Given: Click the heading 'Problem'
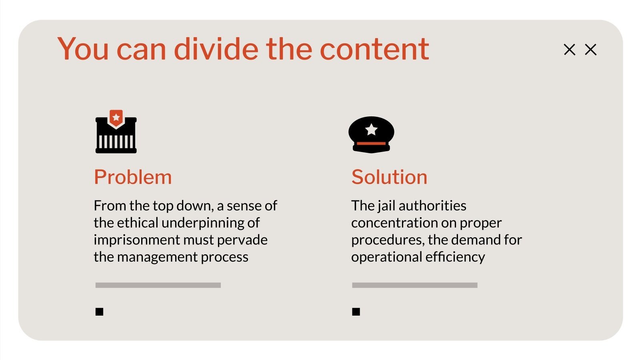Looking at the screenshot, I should tap(133, 177).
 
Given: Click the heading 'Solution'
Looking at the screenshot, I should tap(389, 177).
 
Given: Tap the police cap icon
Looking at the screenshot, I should tap(371, 134).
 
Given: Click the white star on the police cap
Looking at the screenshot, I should tap(372, 129).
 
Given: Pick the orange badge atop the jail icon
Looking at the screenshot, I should tap(116, 118).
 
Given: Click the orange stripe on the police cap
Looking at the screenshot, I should tap(371, 143).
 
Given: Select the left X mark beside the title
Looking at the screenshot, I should tap(569, 50).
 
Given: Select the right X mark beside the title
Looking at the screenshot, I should tap(590, 50).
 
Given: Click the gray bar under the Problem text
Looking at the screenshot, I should tap(158, 285).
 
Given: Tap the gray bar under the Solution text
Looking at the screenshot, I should tap(415, 285).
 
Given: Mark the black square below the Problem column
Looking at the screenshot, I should tap(100, 312).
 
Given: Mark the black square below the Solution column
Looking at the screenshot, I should tap(356, 312).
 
